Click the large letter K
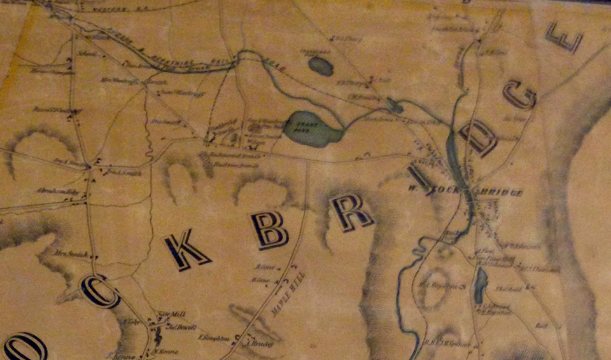pos(186,250)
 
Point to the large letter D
pos(478,138)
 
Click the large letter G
pos(520,94)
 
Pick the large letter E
pos(563,38)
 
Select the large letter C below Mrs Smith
pos(101,291)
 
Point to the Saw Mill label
pos(165,314)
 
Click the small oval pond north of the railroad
pos(320,66)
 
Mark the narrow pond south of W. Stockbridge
pos(481,281)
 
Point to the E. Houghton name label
pos(214,338)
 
